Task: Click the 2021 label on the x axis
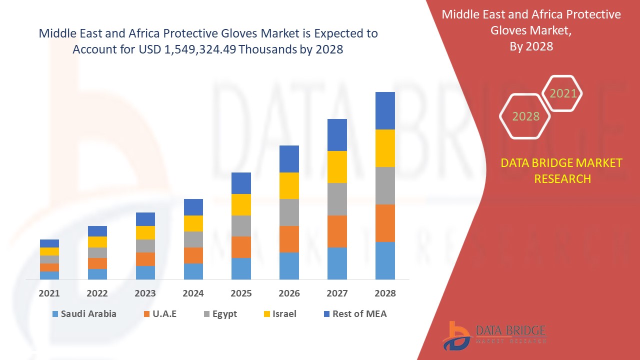(49, 293)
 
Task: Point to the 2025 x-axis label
(241, 293)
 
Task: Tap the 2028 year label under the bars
(385, 293)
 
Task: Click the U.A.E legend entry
(159, 314)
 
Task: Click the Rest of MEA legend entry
(354, 314)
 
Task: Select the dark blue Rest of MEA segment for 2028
(385, 110)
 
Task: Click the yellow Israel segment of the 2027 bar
(337, 167)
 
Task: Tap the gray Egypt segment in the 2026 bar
(289, 212)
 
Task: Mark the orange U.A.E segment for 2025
(241, 247)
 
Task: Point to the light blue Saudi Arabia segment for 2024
(193, 271)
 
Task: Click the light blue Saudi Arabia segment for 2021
(49, 275)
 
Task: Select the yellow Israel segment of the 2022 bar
(97, 242)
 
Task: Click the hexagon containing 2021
(562, 93)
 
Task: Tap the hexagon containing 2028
(525, 116)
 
